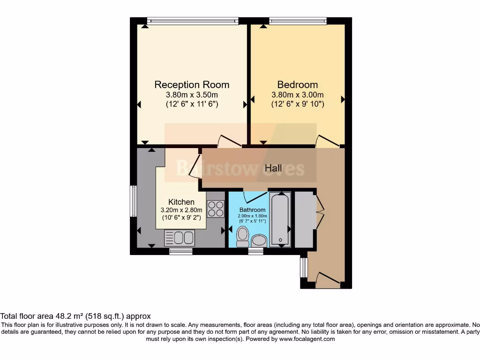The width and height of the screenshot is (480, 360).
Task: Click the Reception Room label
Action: pos(192,85)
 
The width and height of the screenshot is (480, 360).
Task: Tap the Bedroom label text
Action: pos(297,85)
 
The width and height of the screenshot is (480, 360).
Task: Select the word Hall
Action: pos(273,168)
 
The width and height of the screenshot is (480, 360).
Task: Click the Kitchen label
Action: pos(181,202)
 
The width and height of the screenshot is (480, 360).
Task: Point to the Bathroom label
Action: pos(252,210)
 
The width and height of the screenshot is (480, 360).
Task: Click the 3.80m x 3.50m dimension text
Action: pos(192,95)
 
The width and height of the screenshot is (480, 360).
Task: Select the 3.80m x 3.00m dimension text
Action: pos(297,95)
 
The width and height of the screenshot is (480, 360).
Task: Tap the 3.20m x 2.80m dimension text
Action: pos(181,210)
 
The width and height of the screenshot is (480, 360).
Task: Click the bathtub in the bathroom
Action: pos(281,219)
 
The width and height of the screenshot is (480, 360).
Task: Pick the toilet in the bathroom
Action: pos(242,236)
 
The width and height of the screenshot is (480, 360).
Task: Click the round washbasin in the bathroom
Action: pos(259,241)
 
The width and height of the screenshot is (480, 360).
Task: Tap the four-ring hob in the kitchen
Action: pos(216,209)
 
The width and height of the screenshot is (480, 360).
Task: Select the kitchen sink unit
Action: pos(179,238)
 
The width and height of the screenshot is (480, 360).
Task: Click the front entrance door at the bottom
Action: pos(327,279)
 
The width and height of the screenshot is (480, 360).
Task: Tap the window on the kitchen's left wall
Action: pos(133,201)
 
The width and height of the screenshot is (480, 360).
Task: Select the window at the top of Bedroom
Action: pos(298,20)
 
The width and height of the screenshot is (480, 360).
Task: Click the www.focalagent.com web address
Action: pos(307,339)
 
